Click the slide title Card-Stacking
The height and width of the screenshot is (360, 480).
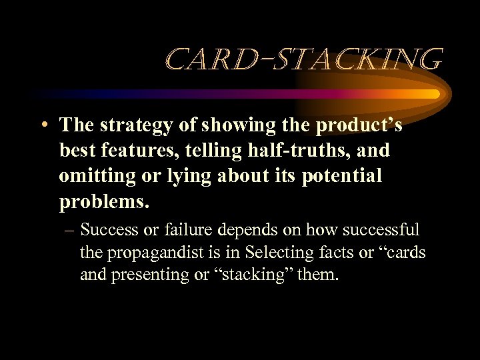click(x=303, y=60)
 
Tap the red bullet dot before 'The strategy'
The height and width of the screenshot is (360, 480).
click(x=43, y=126)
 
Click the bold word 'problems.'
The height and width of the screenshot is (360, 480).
click(x=99, y=201)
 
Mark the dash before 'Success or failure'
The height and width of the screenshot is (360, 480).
click(x=69, y=230)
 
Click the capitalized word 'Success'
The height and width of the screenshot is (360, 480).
click(x=109, y=230)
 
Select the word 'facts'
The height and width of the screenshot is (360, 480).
click(x=327, y=253)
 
